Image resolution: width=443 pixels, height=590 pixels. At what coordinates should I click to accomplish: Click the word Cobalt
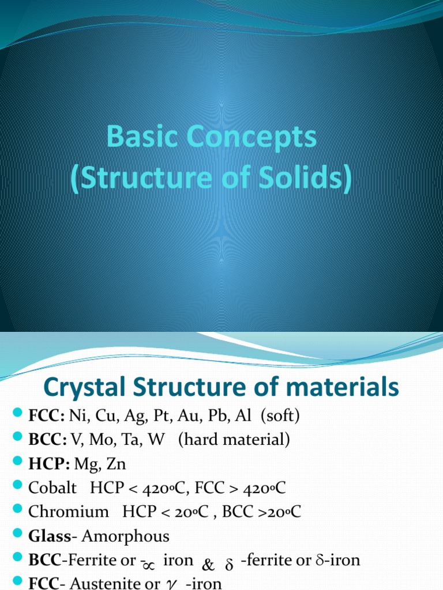(x=52, y=488)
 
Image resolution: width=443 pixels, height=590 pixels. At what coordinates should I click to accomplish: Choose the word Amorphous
(x=126, y=536)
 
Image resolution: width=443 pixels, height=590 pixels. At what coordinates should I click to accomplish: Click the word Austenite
(x=114, y=583)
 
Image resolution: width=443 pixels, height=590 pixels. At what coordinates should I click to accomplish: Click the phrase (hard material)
(x=234, y=440)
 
